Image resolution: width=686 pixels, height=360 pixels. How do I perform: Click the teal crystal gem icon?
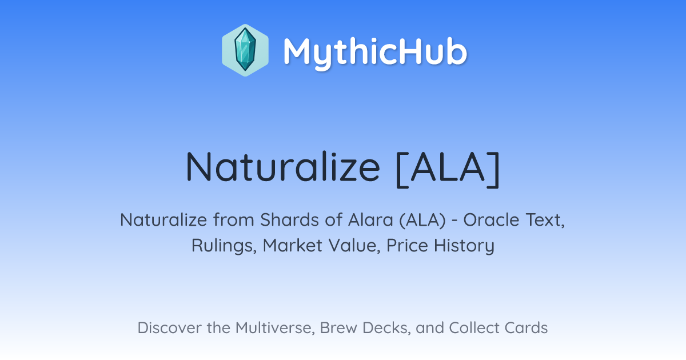pyautogui.click(x=245, y=50)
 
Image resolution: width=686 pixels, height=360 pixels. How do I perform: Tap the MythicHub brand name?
pyautogui.click(x=375, y=53)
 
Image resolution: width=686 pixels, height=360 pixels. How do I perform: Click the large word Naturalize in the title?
pyautogui.click(x=282, y=167)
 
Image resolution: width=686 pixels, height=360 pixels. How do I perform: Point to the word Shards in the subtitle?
pyautogui.click(x=289, y=220)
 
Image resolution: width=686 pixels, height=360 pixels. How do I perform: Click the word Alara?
pyautogui.click(x=370, y=220)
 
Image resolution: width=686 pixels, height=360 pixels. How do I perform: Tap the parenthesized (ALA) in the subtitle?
pyautogui.click(x=422, y=221)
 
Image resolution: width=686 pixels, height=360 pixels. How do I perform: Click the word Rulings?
pyautogui.click(x=224, y=246)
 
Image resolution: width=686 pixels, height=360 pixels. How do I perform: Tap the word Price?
pyautogui.click(x=407, y=245)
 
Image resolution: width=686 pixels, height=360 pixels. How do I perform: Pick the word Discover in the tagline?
pyautogui.click(x=169, y=328)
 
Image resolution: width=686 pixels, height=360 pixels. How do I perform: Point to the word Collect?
pyautogui.click(x=474, y=328)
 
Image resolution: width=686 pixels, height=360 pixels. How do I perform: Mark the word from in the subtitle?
pyautogui.click(x=234, y=220)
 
